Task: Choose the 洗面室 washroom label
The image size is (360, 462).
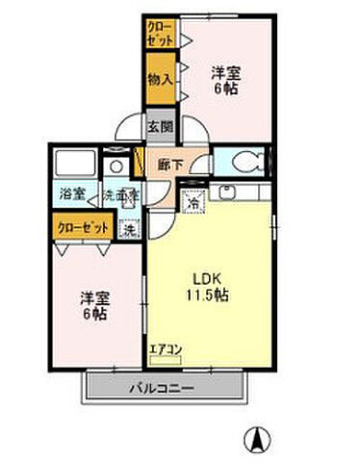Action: (122, 192)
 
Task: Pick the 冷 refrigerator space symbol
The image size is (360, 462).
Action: (193, 203)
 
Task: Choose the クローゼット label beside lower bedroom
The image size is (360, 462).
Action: (79, 228)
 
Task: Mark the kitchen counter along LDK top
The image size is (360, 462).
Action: (240, 192)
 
